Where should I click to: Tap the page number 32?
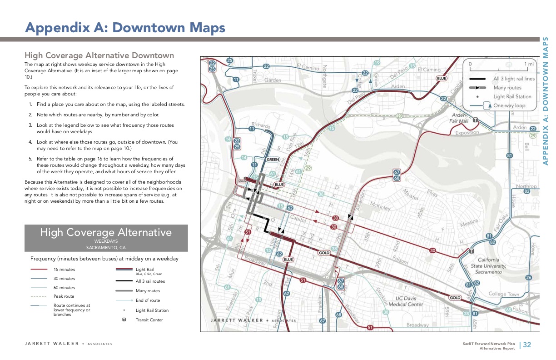(527, 345)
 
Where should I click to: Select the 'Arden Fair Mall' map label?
(459, 118)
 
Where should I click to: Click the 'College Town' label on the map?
(504, 294)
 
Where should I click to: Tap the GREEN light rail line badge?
(273, 160)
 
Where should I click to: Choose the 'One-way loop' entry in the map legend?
(509, 105)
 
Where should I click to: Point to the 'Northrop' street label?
(526, 186)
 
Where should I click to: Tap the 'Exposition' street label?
(467, 133)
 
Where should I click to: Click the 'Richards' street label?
(261, 125)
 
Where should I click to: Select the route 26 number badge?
(528, 278)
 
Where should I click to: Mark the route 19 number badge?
(377, 63)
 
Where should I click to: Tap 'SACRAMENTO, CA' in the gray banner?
(106, 248)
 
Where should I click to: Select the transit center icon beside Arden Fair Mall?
(475, 120)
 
